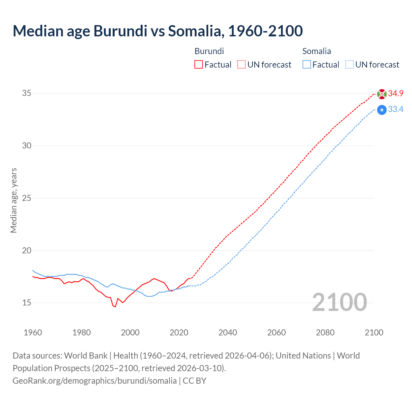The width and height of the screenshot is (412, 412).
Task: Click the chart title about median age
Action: click(158, 31)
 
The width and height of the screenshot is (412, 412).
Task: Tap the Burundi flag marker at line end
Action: click(382, 94)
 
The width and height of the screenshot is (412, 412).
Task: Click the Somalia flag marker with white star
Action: click(382, 110)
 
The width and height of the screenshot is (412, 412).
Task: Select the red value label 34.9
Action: click(396, 94)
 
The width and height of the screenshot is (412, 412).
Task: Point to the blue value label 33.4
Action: click(396, 109)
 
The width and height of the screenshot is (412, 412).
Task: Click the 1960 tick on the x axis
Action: click(33, 332)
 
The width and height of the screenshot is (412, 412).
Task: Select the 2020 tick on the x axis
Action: click(179, 332)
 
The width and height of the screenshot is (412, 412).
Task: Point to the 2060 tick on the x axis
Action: click(276, 332)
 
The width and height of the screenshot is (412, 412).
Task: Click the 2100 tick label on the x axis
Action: click(374, 332)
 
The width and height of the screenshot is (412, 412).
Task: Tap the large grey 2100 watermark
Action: click(340, 302)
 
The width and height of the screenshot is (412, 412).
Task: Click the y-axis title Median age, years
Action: click(14, 200)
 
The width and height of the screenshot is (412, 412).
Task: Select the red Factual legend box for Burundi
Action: click(199, 65)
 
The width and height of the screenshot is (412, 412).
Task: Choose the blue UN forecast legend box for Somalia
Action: click(350, 65)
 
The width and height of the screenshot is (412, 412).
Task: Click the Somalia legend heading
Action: click(317, 51)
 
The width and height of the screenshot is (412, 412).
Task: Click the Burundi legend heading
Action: click(209, 51)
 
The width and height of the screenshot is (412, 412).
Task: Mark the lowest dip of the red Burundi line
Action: click(115, 307)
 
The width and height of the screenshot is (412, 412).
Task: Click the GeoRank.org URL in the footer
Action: click(95, 381)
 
